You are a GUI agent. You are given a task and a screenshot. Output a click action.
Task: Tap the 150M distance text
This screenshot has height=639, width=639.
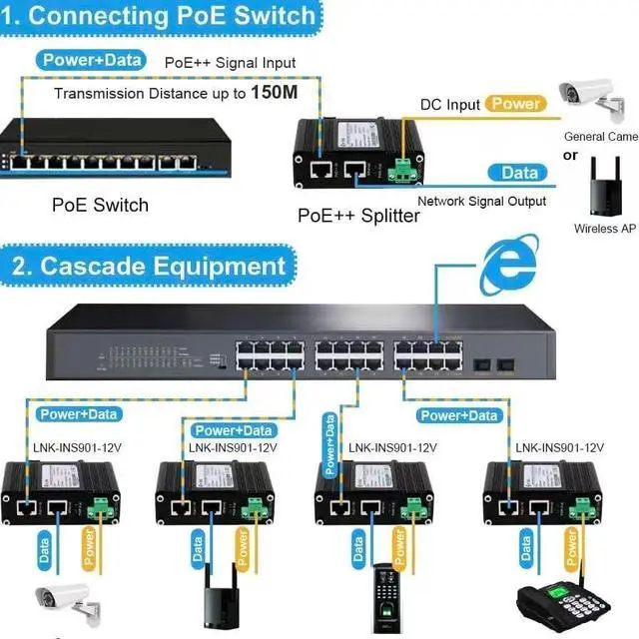pyautogui.click(x=272, y=93)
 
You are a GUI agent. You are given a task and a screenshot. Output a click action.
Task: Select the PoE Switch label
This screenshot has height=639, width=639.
pyautogui.click(x=100, y=206)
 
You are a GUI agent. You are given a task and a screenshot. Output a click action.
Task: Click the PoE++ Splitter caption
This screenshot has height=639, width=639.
pyautogui.click(x=358, y=215)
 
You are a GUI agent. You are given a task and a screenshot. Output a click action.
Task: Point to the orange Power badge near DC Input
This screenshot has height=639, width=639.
pyautogui.click(x=516, y=103)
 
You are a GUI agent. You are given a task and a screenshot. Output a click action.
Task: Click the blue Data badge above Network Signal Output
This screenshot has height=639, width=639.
pyautogui.click(x=519, y=173)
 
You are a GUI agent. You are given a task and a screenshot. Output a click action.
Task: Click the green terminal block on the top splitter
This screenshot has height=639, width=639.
pyautogui.click(x=403, y=171)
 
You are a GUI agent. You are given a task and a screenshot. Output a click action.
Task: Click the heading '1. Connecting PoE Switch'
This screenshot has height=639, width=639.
pyautogui.click(x=160, y=16)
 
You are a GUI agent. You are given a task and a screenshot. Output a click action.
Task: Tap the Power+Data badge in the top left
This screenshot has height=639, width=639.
pyautogui.click(x=93, y=60)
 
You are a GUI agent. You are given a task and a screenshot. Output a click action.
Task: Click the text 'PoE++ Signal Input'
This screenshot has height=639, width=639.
pyautogui.click(x=231, y=63)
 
